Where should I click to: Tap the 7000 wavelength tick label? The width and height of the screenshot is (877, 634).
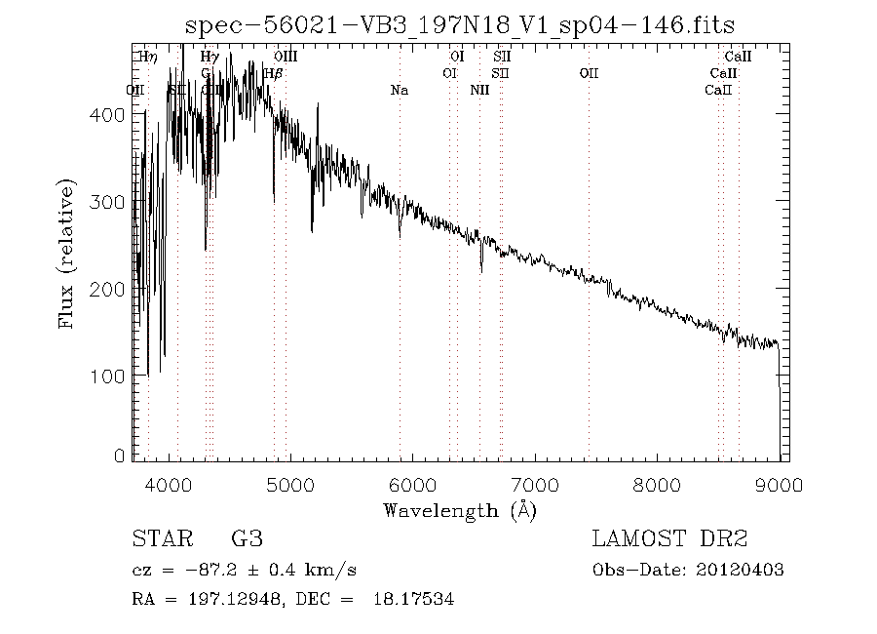(535, 485)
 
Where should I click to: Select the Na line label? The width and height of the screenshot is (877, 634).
(400, 91)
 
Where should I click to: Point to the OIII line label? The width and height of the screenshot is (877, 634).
(286, 58)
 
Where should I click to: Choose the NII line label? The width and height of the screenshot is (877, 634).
(479, 91)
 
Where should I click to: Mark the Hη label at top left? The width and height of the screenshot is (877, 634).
(147, 58)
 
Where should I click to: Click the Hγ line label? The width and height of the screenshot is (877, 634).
(209, 58)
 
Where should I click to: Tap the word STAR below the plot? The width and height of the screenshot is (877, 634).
(161, 539)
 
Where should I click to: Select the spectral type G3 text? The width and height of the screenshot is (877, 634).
(247, 539)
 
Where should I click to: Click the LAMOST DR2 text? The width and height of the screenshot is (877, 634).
(668, 539)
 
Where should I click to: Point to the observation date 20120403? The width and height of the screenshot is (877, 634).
(743, 571)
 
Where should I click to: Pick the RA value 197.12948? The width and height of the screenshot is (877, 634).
(231, 601)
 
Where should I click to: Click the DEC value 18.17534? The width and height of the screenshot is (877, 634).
(413, 601)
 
